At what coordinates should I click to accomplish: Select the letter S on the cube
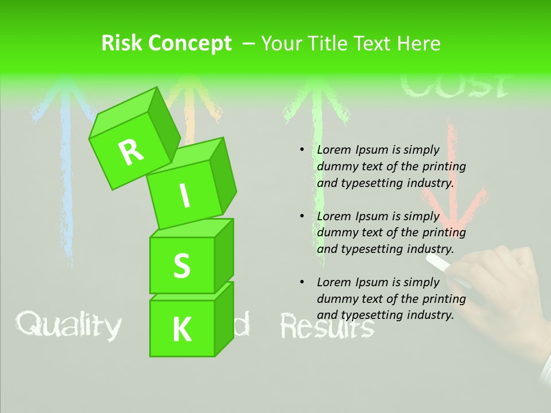(x=181, y=266)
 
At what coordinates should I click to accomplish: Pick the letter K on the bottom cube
(x=182, y=330)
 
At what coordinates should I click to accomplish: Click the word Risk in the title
(x=121, y=43)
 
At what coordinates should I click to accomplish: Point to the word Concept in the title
(x=191, y=43)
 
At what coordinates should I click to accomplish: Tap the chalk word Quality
(x=68, y=325)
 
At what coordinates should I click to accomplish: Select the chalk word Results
(x=327, y=328)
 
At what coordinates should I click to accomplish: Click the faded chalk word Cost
(x=454, y=86)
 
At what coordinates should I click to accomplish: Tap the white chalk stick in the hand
(x=440, y=263)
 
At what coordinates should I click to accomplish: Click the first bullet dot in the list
(x=302, y=150)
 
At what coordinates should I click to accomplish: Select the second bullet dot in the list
(x=302, y=216)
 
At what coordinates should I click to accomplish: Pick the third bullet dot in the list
(x=302, y=282)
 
